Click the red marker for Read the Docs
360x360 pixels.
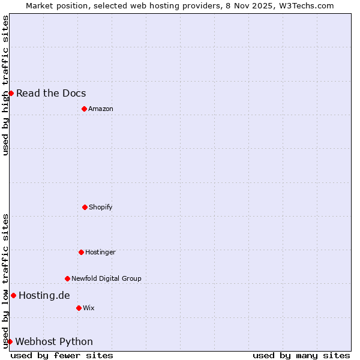(11, 93)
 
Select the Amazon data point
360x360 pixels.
(84, 109)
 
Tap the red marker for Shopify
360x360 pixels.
(85, 207)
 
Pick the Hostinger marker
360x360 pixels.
(81, 252)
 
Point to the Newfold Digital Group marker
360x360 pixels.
(67, 278)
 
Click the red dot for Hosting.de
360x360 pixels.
(13, 295)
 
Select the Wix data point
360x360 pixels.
(79, 308)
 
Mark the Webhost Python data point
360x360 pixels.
(10, 341)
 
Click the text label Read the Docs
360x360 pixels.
(51, 93)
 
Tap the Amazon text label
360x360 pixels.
(101, 109)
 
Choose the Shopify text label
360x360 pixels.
(101, 207)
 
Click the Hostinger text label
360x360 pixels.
(100, 252)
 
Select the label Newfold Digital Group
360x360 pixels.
(106, 278)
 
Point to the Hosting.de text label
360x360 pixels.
(44, 295)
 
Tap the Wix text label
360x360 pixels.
(89, 308)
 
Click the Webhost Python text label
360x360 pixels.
(54, 341)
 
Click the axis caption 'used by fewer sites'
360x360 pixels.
(62, 355)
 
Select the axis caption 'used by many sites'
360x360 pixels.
(301, 355)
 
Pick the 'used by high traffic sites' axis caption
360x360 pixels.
(5, 85)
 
